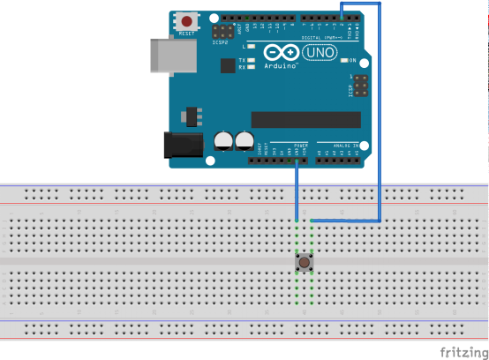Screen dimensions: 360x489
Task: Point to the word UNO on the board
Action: click(x=318, y=53)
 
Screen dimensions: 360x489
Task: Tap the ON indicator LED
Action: click(x=343, y=61)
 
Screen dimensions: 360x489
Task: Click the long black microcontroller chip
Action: click(x=305, y=119)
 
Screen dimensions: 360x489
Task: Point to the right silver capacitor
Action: click(x=244, y=141)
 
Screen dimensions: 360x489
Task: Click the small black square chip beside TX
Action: click(x=228, y=65)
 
